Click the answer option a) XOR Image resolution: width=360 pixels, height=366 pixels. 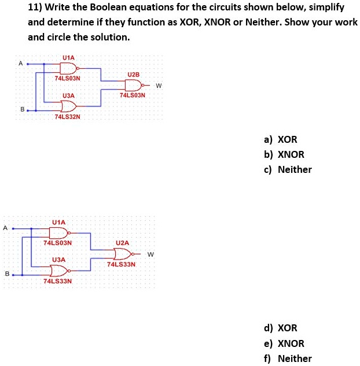click(280, 139)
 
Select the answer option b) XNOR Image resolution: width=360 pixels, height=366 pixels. click(283, 154)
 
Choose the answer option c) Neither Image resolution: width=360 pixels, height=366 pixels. click(288, 169)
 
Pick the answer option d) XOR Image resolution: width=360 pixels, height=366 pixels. click(281, 328)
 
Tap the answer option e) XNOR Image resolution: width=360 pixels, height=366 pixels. click(284, 343)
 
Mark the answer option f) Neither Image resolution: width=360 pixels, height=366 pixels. click(288, 358)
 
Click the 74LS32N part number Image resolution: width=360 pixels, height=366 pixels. click(67, 117)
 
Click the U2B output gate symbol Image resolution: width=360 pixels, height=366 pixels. click(133, 84)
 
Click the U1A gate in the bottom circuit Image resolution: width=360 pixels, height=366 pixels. click(58, 233)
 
